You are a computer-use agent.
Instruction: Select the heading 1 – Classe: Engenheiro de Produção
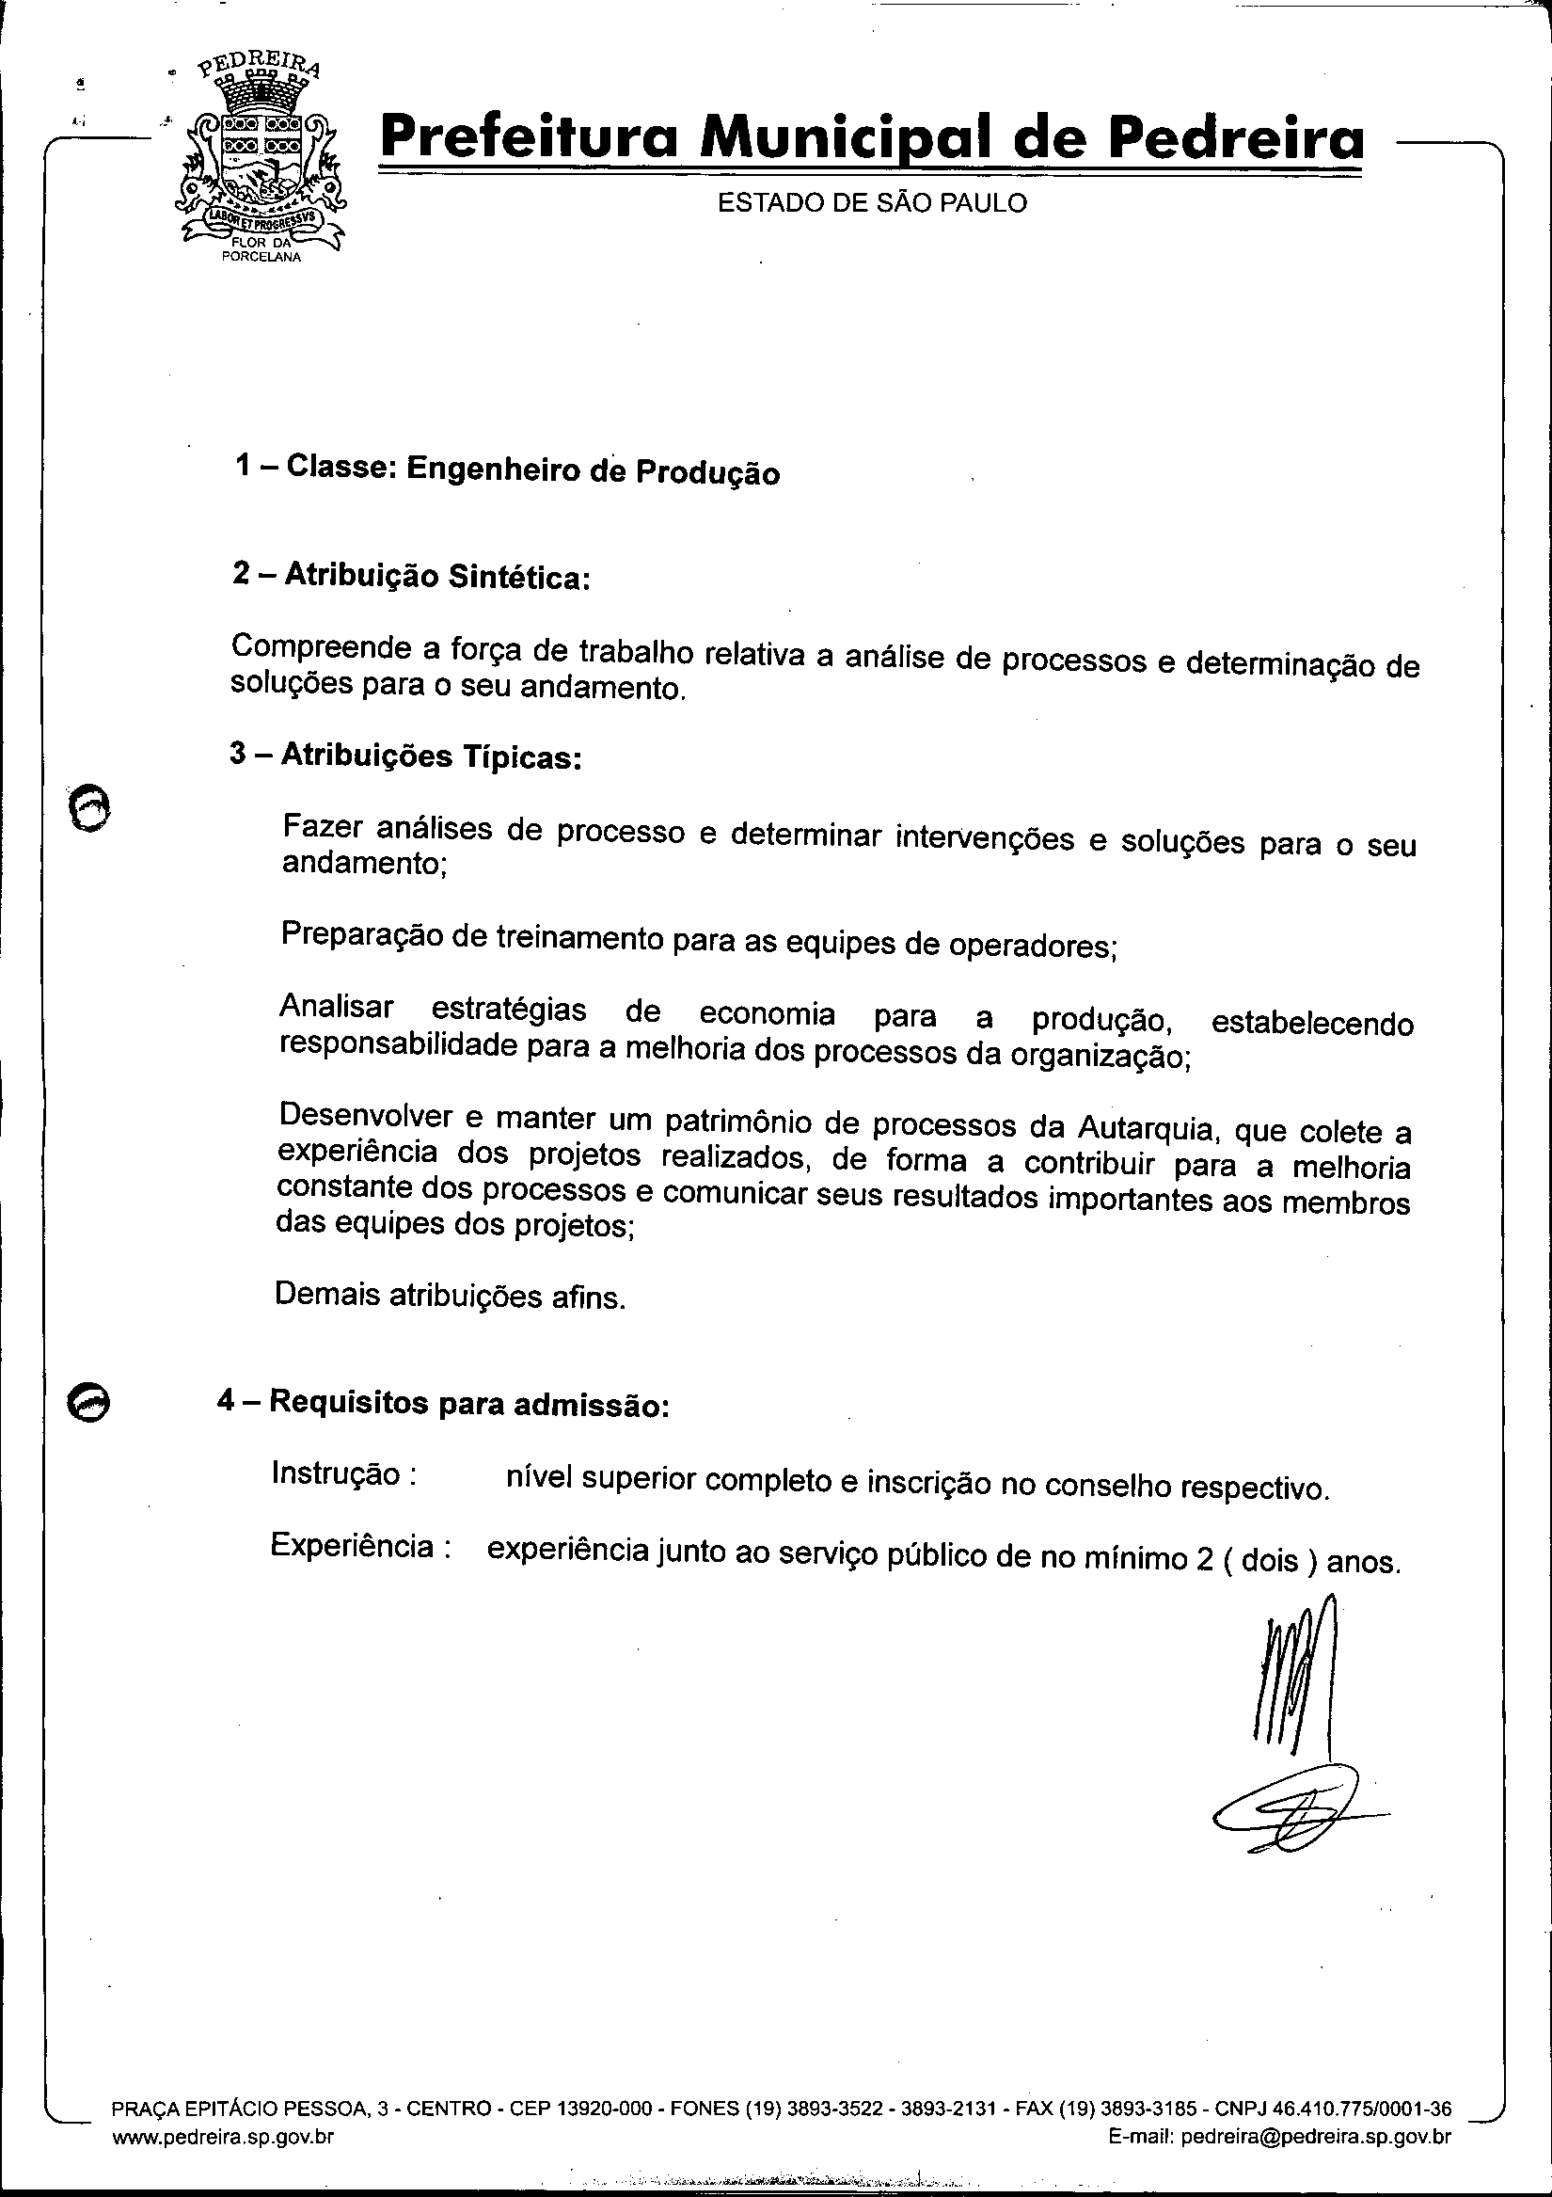(x=507, y=470)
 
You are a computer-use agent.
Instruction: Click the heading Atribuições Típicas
(x=405, y=756)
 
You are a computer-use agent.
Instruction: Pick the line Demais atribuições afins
(x=450, y=1296)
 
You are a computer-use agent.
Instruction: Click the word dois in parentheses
(x=1269, y=1562)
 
